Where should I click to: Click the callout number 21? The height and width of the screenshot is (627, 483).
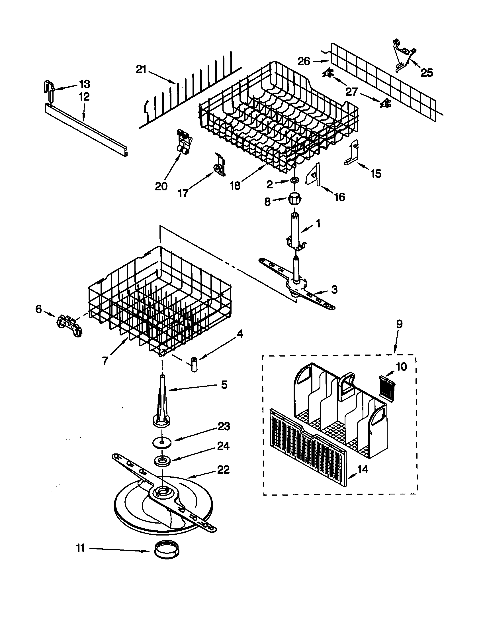[x=141, y=69]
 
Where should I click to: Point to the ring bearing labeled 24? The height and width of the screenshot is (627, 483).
[x=162, y=461]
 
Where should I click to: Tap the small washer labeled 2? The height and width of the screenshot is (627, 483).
[x=294, y=180]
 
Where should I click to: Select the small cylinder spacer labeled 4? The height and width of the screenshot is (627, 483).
[x=194, y=365]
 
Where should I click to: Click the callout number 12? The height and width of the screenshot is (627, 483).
[x=84, y=97]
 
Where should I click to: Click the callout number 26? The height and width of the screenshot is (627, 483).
[x=304, y=61]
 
